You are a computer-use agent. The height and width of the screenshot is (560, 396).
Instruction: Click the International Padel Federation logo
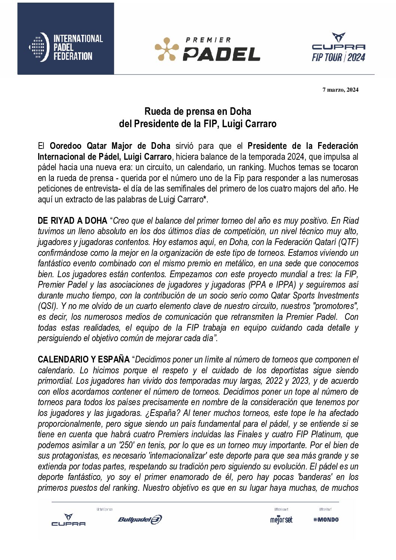pos(66,48)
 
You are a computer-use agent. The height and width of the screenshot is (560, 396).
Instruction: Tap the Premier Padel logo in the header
pos(208,49)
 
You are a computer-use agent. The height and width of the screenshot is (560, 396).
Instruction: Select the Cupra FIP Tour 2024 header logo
pos(338,48)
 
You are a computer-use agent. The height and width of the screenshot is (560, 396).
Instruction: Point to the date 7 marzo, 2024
pos(340,89)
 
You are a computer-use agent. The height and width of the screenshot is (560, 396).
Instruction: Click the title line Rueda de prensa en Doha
pos(198,111)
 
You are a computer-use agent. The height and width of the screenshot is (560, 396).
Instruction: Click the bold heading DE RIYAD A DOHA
pos(72,221)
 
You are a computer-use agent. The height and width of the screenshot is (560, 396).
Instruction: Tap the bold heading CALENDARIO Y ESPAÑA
pos(83,360)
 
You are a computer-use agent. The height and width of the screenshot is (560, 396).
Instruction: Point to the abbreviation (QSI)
pos(48,306)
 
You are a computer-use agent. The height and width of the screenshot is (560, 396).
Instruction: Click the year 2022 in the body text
pos(274,381)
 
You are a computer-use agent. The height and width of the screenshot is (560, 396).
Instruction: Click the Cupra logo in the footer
pos(68,520)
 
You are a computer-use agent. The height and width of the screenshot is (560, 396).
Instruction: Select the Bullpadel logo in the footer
pos(140,520)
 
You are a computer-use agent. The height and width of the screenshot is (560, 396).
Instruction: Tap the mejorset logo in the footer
pos(281,520)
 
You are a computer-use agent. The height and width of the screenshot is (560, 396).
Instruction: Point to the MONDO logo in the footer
pos(326,520)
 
